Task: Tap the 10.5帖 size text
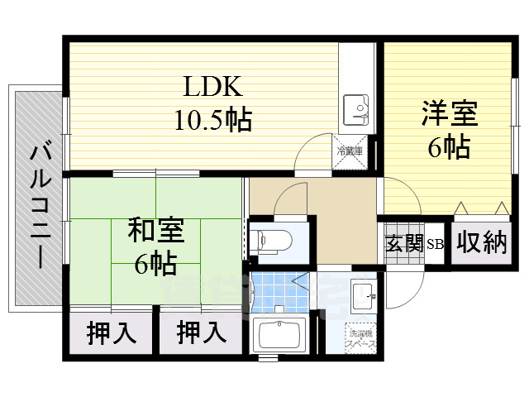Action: click(212, 121)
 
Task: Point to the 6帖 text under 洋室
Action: click(449, 147)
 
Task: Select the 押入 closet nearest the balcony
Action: click(111, 333)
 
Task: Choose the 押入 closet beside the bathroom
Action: click(202, 333)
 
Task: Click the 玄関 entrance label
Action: click(404, 243)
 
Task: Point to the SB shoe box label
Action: click(435, 244)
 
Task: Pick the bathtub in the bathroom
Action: click(279, 337)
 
